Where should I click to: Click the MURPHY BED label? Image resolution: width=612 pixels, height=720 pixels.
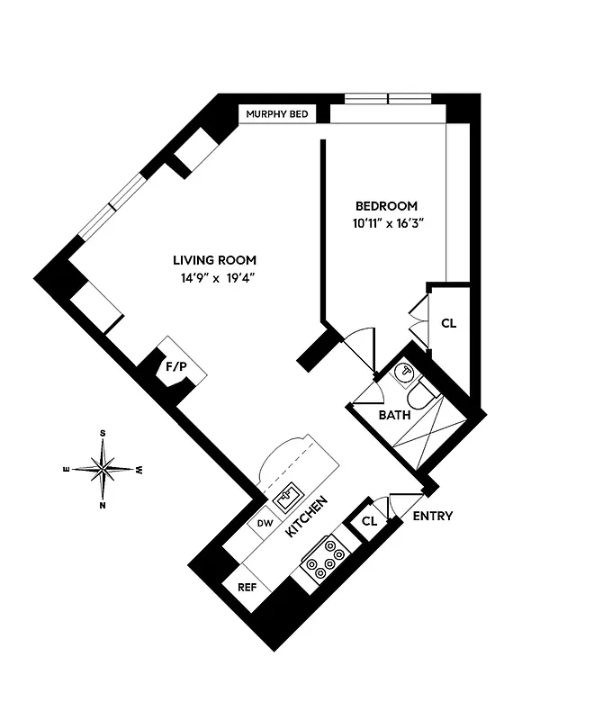click(x=277, y=114)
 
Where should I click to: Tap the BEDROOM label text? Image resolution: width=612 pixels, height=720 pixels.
click(x=386, y=206)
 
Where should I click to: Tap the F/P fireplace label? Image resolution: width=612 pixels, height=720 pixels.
click(x=175, y=367)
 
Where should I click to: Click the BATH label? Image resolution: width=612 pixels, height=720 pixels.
click(x=394, y=415)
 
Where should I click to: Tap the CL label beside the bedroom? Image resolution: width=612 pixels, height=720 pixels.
click(x=448, y=322)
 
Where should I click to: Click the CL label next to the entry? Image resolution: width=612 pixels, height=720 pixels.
click(x=369, y=521)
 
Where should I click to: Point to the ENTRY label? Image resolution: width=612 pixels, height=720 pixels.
click(x=432, y=517)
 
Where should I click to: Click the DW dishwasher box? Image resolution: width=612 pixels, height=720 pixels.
click(x=265, y=523)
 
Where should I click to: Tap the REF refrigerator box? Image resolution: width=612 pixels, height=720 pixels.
click(x=247, y=587)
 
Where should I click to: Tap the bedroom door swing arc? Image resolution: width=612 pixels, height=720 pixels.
click(x=361, y=344)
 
